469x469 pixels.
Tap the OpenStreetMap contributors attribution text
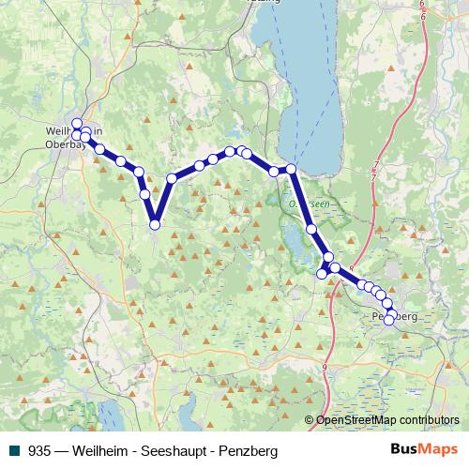(387, 420)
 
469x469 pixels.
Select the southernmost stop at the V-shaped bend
(155, 224)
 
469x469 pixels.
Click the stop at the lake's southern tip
(291, 169)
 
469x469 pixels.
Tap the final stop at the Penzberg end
(389, 320)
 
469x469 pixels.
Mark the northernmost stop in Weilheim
(77, 123)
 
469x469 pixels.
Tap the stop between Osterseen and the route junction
(311, 229)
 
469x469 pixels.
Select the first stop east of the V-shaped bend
(172, 178)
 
